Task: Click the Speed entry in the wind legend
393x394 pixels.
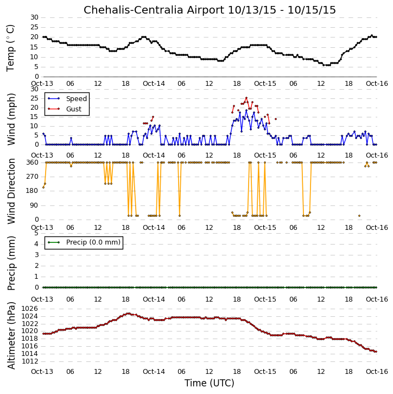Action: coord(77,99)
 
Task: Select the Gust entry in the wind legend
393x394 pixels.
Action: coord(74,109)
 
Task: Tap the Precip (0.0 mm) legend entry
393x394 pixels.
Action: coord(93,242)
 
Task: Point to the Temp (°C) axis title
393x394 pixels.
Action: coord(10,48)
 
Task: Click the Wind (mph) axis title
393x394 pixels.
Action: coord(11,119)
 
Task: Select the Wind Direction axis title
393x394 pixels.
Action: coord(11,191)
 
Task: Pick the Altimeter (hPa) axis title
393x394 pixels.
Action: coord(11,336)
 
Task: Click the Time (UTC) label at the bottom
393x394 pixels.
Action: coord(210,383)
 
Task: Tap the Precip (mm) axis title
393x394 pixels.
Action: coord(11,264)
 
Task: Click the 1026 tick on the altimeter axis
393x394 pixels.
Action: coord(30,309)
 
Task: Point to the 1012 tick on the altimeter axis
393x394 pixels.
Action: coord(30,361)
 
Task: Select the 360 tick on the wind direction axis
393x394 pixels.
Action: coord(33,162)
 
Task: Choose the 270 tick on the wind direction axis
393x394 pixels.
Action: coord(33,177)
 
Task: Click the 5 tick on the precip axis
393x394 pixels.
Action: coord(36,233)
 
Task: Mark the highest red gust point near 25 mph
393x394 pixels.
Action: coord(246,98)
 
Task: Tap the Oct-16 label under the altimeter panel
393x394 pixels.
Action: coord(377,372)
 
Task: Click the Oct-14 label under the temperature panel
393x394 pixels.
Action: coord(154,84)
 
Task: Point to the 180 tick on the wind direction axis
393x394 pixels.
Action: coord(33,191)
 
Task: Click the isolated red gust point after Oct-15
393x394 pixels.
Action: coord(276,119)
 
